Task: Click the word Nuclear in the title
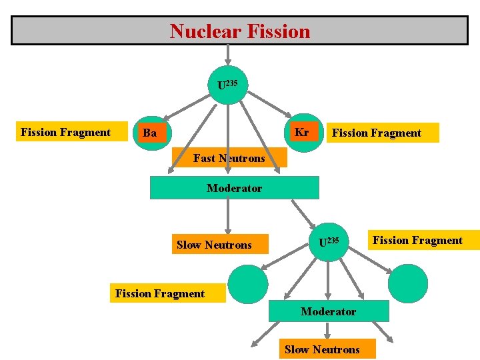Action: (x=201, y=31)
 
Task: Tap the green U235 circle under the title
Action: (x=228, y=85)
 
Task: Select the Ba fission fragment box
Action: (x=149, y=133)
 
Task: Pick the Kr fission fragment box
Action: (x=302, y=132)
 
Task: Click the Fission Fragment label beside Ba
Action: (x=65, y=132)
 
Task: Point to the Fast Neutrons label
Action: (x=229, y=158)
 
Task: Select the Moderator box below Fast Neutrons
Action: (x=234, y=188)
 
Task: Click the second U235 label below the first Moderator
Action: (x=329, y=242)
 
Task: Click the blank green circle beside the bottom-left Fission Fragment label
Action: (x=247, y=283)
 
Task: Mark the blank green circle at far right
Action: (x=407, y=283)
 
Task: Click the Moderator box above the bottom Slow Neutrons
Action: (x=328, y=311)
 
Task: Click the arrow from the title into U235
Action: (x=228, y=55)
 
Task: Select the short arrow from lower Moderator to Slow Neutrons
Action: (x=327, y=331)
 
